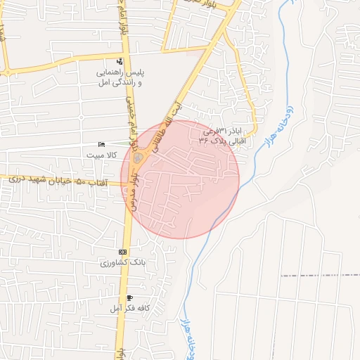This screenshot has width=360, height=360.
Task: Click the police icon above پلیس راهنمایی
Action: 120,61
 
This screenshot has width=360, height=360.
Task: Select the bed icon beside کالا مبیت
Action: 102,144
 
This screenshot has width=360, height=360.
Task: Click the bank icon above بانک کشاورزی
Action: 123,252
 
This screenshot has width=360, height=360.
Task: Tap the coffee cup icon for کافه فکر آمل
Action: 130,298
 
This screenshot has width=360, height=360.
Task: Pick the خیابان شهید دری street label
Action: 39,180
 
